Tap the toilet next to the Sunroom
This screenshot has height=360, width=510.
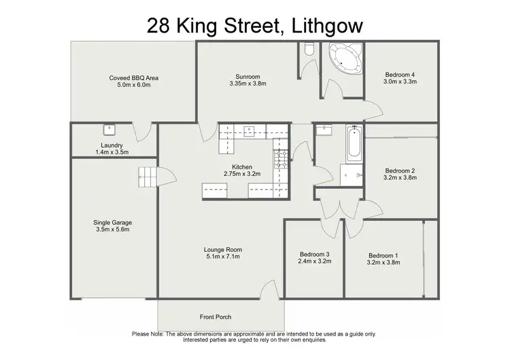[x=309, y=48]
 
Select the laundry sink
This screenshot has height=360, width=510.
[x=108, y=129]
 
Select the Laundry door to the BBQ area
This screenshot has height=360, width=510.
[x=143, y=130]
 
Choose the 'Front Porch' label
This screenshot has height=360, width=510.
[x=216, y=317]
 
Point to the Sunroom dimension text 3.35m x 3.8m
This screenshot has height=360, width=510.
[x=247, y=85]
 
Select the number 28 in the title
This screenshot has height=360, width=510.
[x=161, y=26]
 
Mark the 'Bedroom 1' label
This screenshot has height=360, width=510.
[x=383, y=255]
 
